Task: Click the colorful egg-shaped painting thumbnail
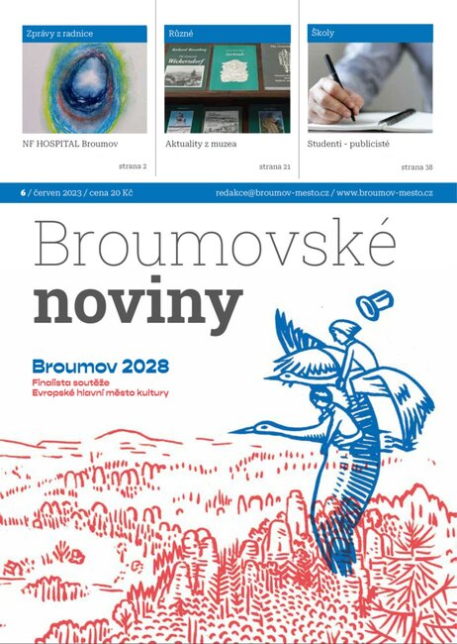pos(84,88)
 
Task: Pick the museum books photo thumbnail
pos(228,88)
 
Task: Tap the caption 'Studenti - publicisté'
pos(349,144)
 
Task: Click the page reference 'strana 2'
pos(133,167)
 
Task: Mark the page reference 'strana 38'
pos(416,167)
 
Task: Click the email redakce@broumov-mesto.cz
pos(272,192)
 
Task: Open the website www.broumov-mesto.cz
pos(385,192)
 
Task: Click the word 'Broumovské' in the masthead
pos(214,243)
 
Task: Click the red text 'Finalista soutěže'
pos(72,380)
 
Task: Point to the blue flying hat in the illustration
pos(375,306)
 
